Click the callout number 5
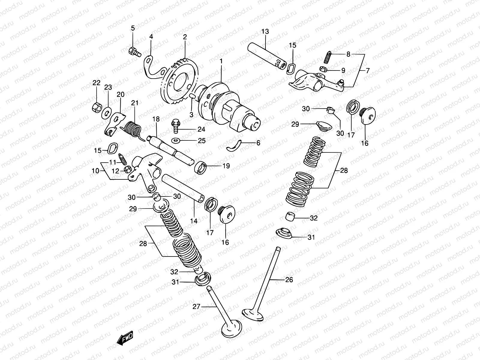tap(133, 28)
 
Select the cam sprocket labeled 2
tap(179, 80)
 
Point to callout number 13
tap(265, 31)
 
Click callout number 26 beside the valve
tap(289, 280)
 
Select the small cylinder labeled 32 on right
tap(290, 216)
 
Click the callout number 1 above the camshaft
tap(221, 61)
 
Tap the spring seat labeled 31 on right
tap(283, 234)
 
